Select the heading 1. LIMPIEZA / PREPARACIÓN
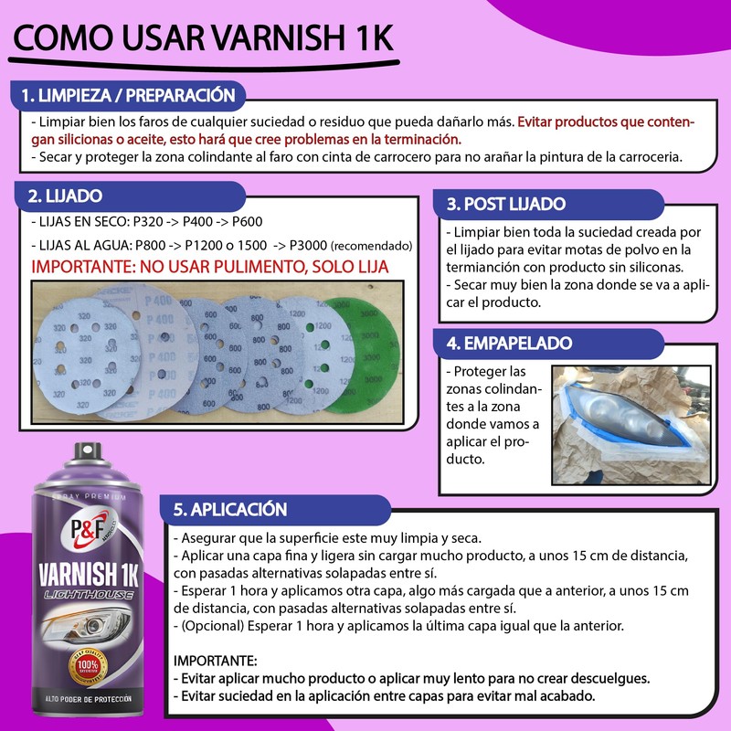(x=128, y=95)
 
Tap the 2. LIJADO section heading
(x=65, y=196)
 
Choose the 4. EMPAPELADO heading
(x=509, y=344)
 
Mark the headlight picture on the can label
(x=87, y=630)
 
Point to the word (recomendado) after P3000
(x=371, y=247)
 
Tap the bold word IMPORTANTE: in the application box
(x=216, y=659)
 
